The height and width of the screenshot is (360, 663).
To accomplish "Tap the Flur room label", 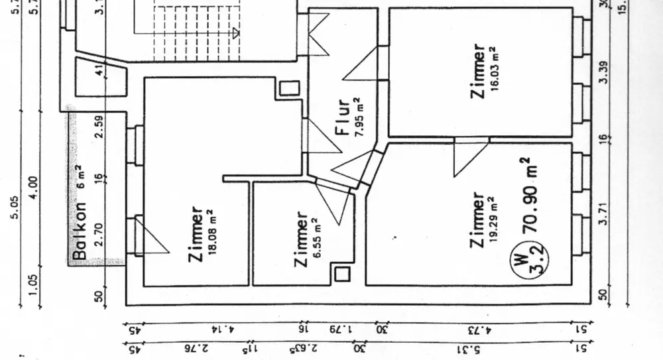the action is pos(343,117).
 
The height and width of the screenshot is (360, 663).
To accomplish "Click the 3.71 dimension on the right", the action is pos(604,214).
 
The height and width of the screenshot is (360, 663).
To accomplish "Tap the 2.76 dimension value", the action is pos(192,348).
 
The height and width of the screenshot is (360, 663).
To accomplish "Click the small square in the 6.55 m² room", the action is pos(342,273).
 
